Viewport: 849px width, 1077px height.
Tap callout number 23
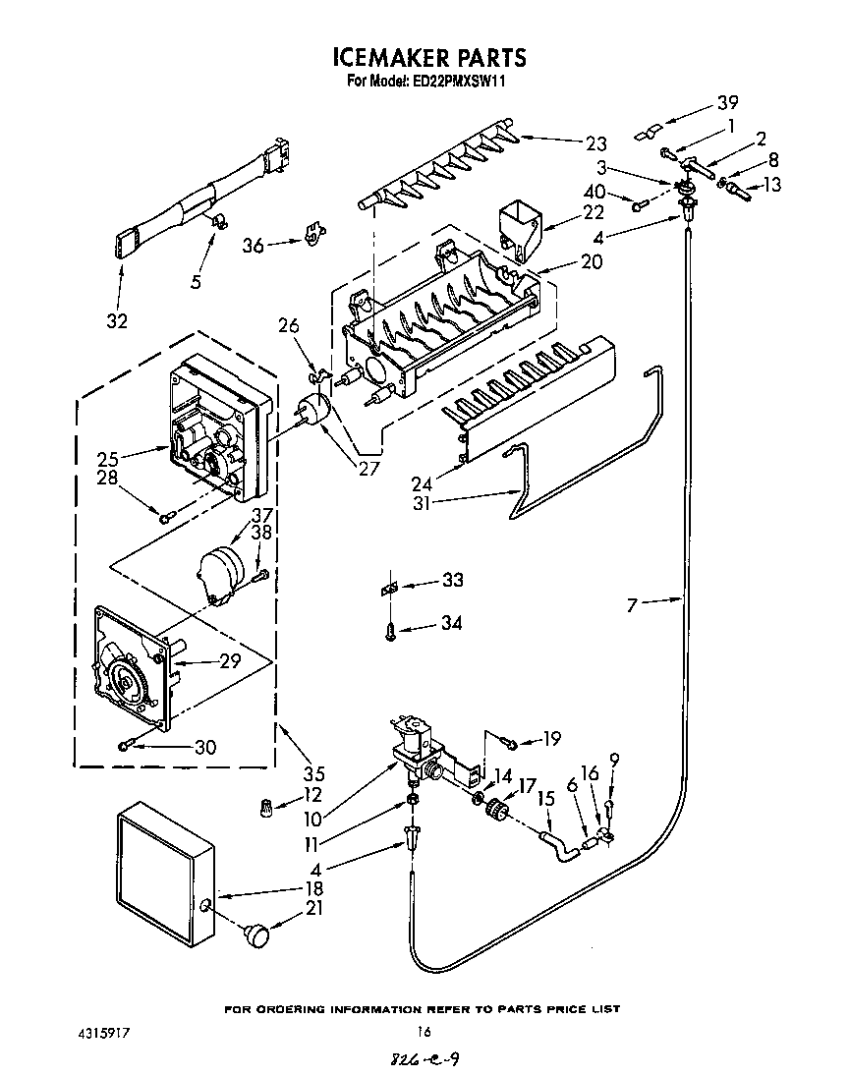pos(596,142)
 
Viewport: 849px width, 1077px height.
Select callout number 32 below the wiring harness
pos(116,320)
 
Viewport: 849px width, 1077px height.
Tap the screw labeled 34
pos(390,626)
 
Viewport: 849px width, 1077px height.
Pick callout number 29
pos(229,661)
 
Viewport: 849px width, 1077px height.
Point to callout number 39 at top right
pos(727,102)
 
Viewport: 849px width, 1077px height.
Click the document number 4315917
pos(103,1033)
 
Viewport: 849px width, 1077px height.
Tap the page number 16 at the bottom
pos(424,1032)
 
